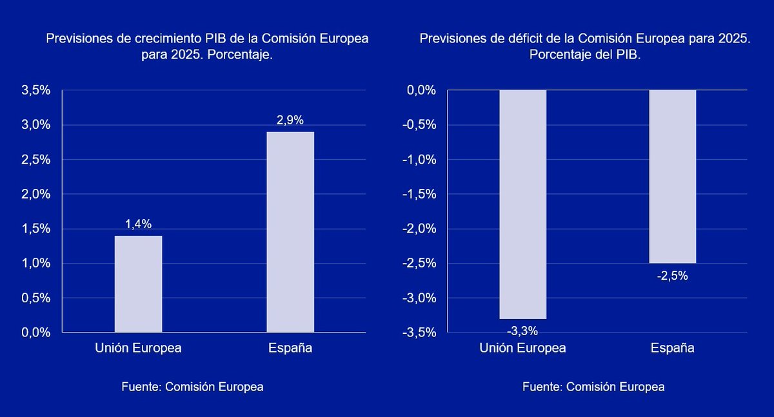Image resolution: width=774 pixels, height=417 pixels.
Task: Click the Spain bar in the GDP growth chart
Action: click(290, 232)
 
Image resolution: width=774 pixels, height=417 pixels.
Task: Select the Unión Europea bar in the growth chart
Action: click(139, 284)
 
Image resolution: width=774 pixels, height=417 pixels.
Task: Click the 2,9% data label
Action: click(290, 120)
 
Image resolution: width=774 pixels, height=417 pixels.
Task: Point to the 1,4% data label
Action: click(139, 224)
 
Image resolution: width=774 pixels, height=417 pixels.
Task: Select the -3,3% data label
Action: click(522, 331)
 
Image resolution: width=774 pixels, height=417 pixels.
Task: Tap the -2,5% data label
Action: click(672, 276)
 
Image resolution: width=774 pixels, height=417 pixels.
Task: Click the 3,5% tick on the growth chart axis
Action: click(36, 90)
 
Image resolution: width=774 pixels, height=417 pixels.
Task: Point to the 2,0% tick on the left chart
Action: click(36, 194)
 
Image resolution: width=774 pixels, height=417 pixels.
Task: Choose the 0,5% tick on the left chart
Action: click(36, 298)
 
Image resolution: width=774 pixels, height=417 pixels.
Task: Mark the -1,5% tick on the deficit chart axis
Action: click(420, 194)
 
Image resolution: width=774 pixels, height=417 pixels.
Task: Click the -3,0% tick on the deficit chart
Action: click(420, 298)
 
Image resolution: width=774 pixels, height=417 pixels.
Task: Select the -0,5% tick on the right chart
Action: click(420, 125)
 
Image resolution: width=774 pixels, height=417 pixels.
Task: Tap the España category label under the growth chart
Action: click(290, 348)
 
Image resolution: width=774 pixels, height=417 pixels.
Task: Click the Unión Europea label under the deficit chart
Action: click(522, 348)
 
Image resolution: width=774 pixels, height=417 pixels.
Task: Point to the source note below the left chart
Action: click(192, 387)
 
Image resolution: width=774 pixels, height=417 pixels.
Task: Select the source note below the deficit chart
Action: click(593, 387)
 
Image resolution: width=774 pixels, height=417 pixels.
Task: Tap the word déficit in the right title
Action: click(524, 39)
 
